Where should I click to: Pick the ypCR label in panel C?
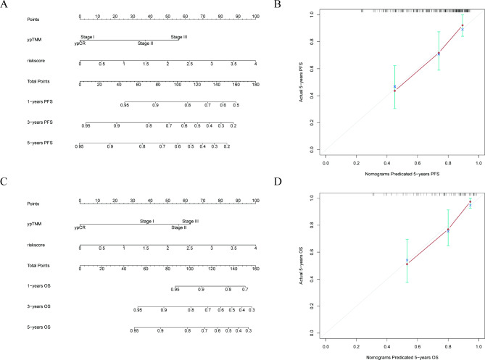pyautogui.click(x=80, y=227)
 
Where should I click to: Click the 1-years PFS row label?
pyautogui.click(x=27, y=105)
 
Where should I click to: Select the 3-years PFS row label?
pyautogui.click(x=27, y=125)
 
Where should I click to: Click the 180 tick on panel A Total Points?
pyautogui.click(x=254, y=85)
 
